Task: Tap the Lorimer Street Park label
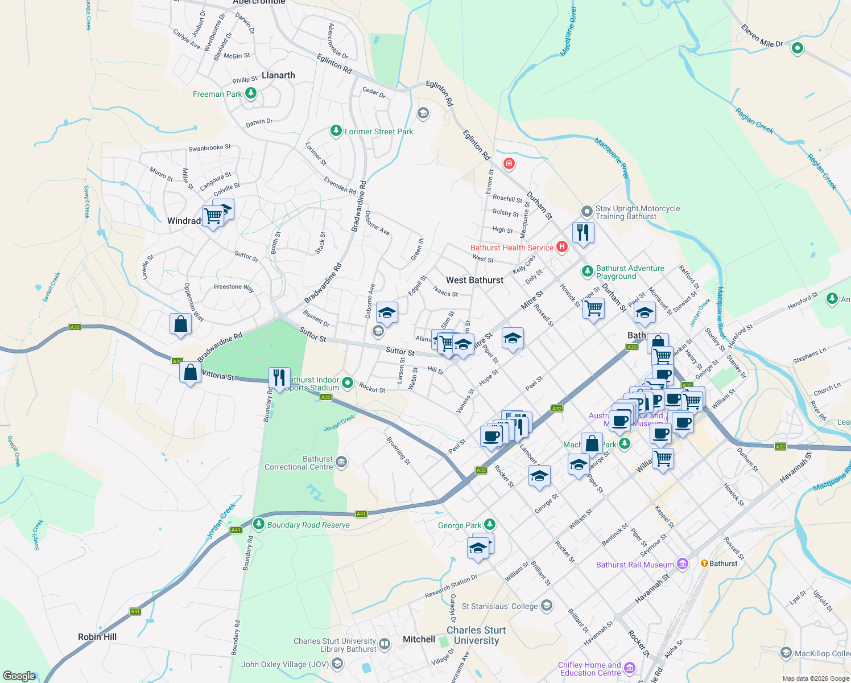(379, 131)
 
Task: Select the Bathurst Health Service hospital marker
(561, 247)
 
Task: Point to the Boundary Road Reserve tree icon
(259, 524)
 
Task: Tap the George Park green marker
(490, 525)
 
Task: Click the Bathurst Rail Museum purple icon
(683, 564)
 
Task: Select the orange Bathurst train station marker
(704, 563)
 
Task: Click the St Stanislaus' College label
(499, 606)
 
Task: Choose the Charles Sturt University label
(476, 635)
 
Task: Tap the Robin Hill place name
(97, 637)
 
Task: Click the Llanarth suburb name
(278, 75)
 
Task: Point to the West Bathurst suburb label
(474, 280)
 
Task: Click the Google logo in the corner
(19, 676)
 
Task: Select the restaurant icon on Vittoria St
(279, 377)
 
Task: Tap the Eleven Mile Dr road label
(762, 35)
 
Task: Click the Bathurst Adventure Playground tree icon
(588, 271)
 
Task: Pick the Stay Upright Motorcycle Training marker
(586, 212)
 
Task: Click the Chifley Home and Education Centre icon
(629, 668)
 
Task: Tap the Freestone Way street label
(234, 287)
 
